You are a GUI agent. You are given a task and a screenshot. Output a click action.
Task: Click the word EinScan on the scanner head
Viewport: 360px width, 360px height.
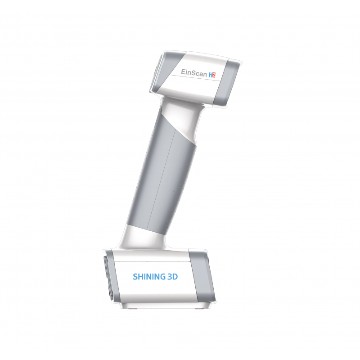(x=194, y=72)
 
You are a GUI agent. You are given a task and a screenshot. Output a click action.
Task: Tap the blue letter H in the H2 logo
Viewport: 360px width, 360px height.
(x=211, y=75)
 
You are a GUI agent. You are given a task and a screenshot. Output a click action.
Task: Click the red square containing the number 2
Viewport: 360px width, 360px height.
(x=214, y=75)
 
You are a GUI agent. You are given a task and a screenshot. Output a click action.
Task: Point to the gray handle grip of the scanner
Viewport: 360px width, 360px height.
(x=161, y=175)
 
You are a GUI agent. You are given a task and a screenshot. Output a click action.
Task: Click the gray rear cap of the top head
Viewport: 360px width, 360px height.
(x=227, y=83)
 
